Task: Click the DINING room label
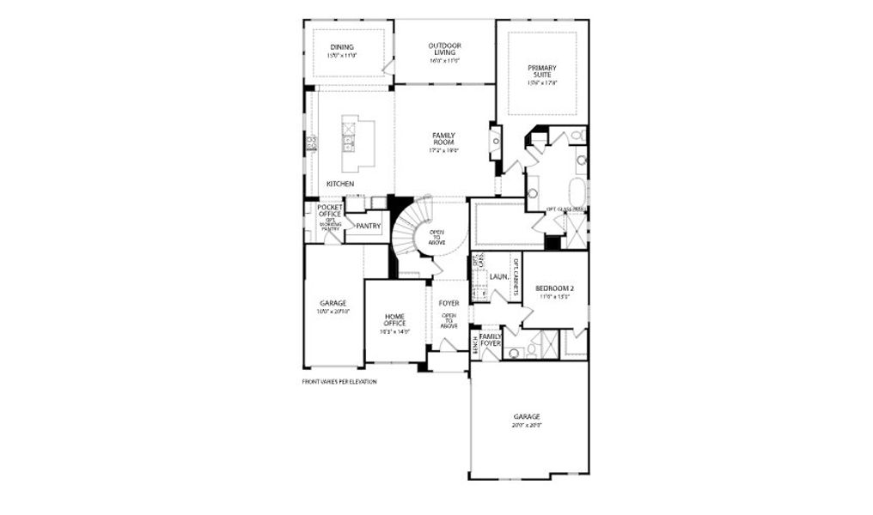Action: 341,47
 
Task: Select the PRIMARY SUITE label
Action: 542,72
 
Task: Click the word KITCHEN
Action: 339,184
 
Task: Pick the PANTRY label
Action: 368,226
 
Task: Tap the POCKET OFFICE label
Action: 330,210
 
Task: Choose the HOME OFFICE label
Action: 395,319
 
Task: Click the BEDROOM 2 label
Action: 553,288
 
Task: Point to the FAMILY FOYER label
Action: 491,340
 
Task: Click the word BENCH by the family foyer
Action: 475,345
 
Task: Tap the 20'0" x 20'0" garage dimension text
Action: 528,425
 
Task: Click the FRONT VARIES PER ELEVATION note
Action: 339,382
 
